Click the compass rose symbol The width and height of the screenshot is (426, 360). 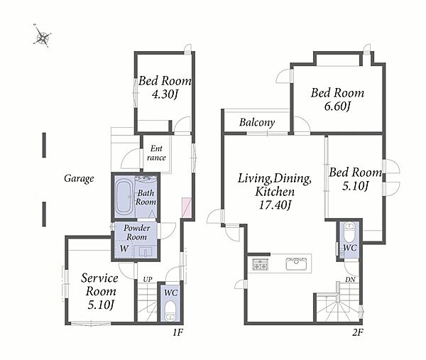pos(42,36)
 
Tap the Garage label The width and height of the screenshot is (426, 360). pos(79,178)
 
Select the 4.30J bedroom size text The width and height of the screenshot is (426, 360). pos(165,94)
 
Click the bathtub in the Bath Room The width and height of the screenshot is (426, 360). pos(124,197)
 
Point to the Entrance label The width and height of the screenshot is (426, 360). pos(156,153)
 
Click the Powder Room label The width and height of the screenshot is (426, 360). pos(136,232)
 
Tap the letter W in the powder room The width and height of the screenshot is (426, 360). pos(124,249)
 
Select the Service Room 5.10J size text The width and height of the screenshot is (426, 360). pos(101,305)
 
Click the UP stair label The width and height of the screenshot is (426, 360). pos(148,279)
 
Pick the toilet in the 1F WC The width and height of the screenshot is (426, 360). pos(170,310)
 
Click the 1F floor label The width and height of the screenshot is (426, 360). pos(178,332)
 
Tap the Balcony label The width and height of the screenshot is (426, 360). pos(257,123)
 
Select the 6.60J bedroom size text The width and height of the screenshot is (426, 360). pos(337,107)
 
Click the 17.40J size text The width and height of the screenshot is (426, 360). pos(275,204)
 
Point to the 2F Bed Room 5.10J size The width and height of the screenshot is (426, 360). pos(355,186)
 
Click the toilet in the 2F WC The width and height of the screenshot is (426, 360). pos(349,233)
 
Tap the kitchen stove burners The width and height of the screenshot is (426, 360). pos(261,264)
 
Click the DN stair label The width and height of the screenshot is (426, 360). pos(351,279)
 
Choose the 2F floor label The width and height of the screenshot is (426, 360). pos(358,332)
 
